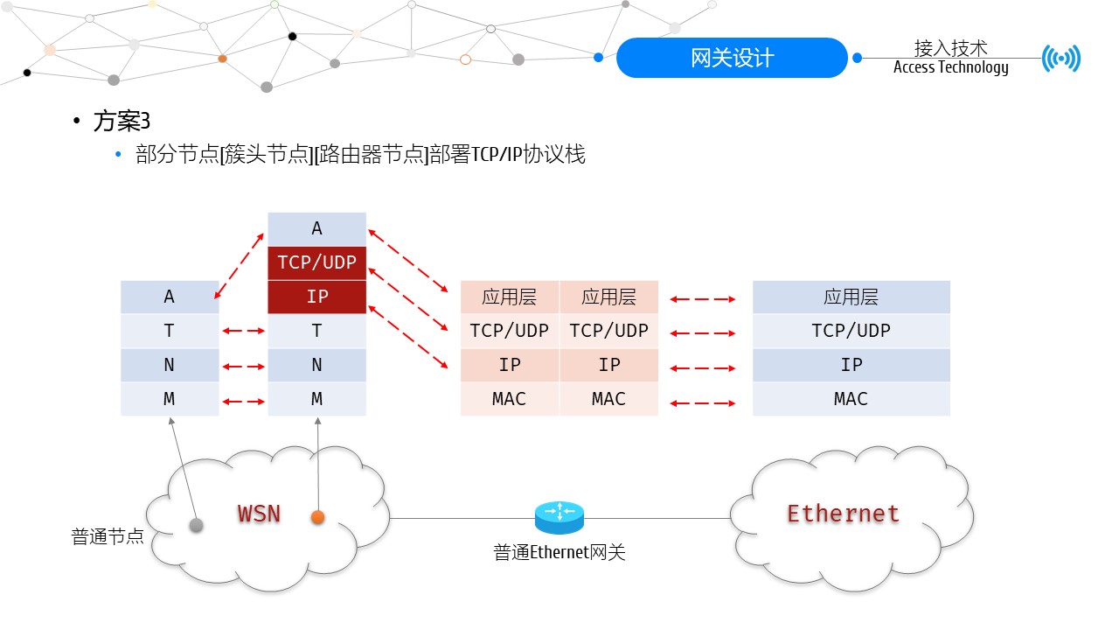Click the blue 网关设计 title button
coord(732,58)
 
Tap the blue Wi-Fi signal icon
coord(1061,59)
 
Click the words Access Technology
coord(950,67)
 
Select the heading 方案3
coord(122,122)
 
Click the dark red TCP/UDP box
coord(316,262)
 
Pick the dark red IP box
coord(316,297)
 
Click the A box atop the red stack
coord(316,228)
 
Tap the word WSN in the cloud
coord(259,513)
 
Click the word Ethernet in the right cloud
coord(843,513)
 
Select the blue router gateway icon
coord(559,517)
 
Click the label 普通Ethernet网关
coord(559,553)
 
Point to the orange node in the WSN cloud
coord(318,518)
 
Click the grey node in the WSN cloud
coord(197,525)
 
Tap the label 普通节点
coord(108,536)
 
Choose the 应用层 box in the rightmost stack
coord(851,297)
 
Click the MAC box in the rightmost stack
coord(851,399)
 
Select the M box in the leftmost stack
coord(170,399)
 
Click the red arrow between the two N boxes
coord(243,366)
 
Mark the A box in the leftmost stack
coord(170,297)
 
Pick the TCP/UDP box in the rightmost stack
coord(851,331)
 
